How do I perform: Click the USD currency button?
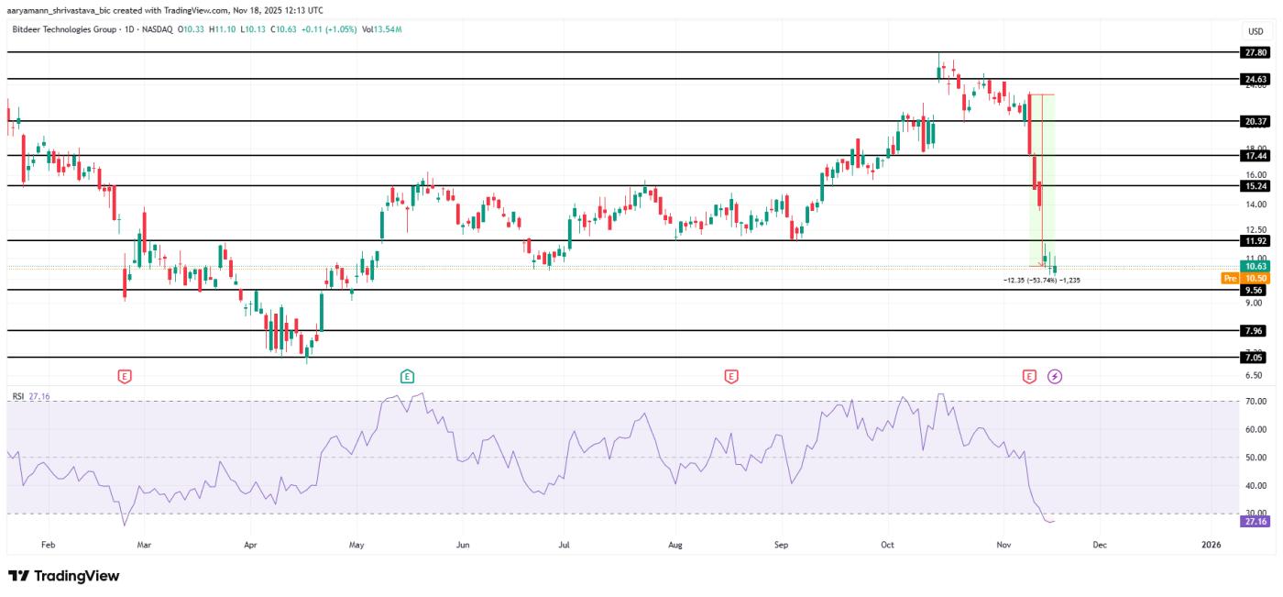point(1255,31)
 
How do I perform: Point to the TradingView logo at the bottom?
point(64,576)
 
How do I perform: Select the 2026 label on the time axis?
point(1212,545)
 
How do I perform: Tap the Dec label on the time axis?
point(1100,545)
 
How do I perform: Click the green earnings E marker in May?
point(407,376)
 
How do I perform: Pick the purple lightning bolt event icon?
point(1055,376)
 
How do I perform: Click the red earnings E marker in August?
point(730,376)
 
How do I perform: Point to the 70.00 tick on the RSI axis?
point(1256,402)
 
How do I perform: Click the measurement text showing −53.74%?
point(1042,280)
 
